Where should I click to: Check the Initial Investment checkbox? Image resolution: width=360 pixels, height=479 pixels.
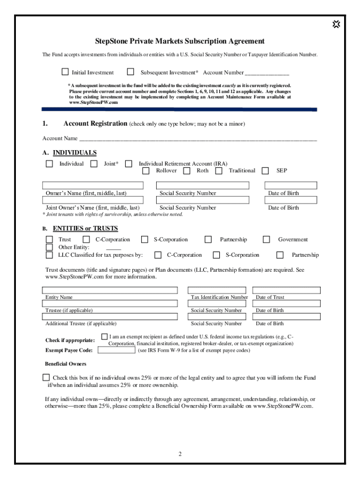click(65, 72)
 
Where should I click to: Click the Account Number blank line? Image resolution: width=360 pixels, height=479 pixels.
click(267, 73)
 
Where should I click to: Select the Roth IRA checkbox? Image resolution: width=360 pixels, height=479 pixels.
click(187, 171)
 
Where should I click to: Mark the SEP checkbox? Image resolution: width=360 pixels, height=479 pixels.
click(266, 171)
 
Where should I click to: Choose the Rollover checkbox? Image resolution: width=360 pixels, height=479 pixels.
click(146, 171)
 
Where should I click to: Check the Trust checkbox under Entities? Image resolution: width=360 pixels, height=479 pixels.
click(49, 239)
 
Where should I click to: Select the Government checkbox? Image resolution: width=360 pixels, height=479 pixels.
click(266, 239)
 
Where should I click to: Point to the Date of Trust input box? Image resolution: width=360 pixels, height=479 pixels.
click(286, 290)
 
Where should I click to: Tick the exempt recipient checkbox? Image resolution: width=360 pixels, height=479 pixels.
click(105, 337)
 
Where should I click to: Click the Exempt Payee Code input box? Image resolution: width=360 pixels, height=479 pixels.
click(116, 350)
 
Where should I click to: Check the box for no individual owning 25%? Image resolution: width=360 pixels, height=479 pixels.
click(46, 377)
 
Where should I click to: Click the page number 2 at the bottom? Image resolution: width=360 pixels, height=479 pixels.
click(180, 454)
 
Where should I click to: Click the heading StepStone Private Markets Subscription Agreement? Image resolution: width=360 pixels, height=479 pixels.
click(180, 41)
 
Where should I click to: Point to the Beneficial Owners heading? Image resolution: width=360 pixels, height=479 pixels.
click(65, 364)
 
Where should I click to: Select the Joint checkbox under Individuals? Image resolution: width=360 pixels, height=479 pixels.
click(94, 164)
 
